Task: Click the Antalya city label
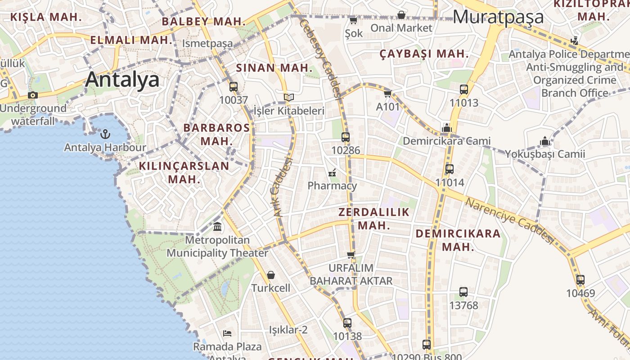coord(122,80)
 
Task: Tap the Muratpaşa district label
coord(498,17)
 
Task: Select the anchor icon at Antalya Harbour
coord(105,134)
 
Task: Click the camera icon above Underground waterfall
coord(32,95)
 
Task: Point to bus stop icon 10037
coord(233,87)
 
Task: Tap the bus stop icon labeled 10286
coord(345,137)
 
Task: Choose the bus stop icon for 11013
coord(464,90)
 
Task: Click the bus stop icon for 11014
coord(449,169)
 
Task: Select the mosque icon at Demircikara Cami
coord(446,128)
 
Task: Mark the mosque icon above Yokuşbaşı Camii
coord(545,141)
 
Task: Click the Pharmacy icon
coord(332,172)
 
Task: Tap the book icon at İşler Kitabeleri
coord(289,97)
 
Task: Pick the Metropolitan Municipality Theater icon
coord(217,226)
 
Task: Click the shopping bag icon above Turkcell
coord(271,274)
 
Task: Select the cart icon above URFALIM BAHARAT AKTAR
coord(351,255)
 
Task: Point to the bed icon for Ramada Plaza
coord(227,333)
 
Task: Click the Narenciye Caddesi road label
coord(509,220)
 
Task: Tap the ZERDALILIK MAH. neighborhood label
coord(374,219)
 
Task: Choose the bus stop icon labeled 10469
coord(580,279)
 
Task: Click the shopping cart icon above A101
coord(387,94)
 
